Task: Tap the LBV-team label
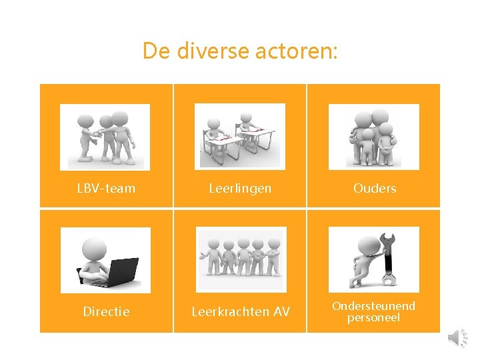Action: tap(106, 189)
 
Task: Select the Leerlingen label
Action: tap(240, 189)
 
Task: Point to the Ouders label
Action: tap(375, 189)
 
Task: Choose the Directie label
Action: tap(106, 311)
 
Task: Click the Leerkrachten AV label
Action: tap(240, 311)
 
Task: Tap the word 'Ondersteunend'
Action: tap(373, 306)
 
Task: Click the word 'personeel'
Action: tap(373, 318)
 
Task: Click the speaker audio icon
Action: tap(457, 337)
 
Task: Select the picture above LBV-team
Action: tap(105, 137)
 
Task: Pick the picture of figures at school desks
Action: tap(239, 136)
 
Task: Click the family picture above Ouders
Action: tap(374, 137)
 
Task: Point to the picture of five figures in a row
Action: tap(240, 260)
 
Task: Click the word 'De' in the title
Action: tap(156, 51)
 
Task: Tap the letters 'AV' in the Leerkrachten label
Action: tap(281, 311)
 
